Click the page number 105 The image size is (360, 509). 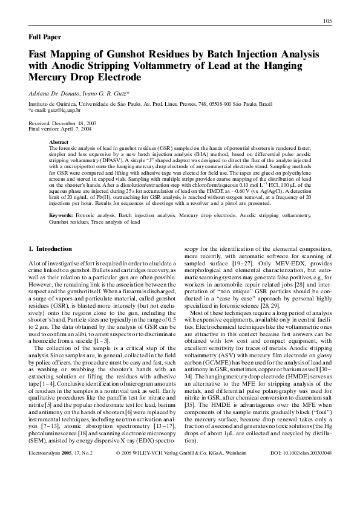[x=327, y=22]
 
